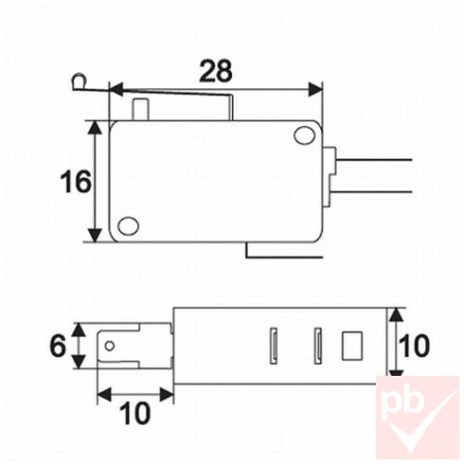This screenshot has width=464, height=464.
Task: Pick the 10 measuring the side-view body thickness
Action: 416,345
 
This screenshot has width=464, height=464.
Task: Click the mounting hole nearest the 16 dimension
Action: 129,226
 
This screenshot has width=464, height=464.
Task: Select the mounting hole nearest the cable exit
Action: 303,136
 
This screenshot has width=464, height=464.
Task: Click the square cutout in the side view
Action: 352,345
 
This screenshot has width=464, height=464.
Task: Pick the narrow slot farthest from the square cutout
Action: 275,345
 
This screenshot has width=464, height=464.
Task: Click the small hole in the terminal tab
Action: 111,347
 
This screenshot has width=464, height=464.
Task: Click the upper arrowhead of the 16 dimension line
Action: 97,127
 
